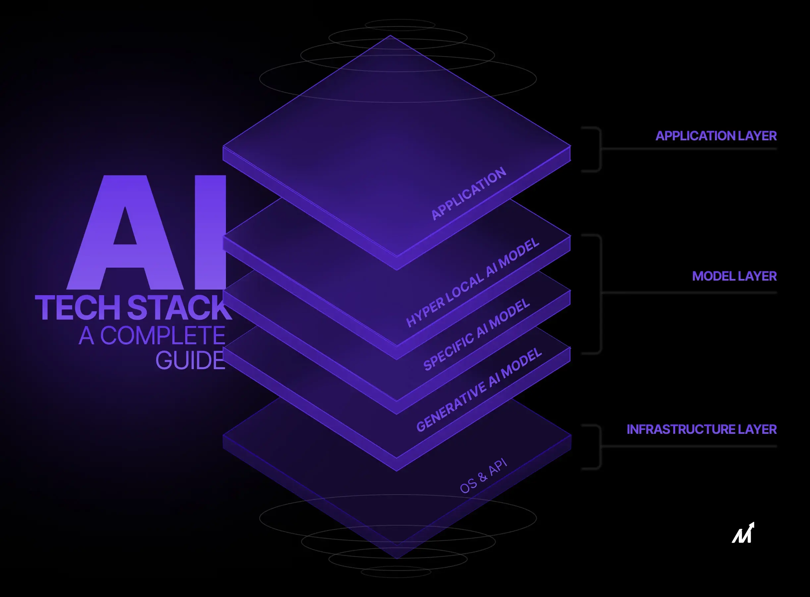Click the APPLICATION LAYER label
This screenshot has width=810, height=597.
716,136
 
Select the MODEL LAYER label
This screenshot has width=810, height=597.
734,276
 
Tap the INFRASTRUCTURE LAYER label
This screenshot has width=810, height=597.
701,429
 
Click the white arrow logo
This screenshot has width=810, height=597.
743,533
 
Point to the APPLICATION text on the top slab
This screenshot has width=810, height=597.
468,194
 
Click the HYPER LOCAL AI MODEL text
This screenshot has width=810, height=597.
472,282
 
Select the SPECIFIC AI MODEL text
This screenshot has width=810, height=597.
476,335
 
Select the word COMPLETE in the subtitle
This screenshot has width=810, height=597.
162,335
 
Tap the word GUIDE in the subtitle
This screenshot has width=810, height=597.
190,360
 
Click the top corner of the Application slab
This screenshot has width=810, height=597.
390,36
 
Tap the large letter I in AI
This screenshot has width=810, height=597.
210,232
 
